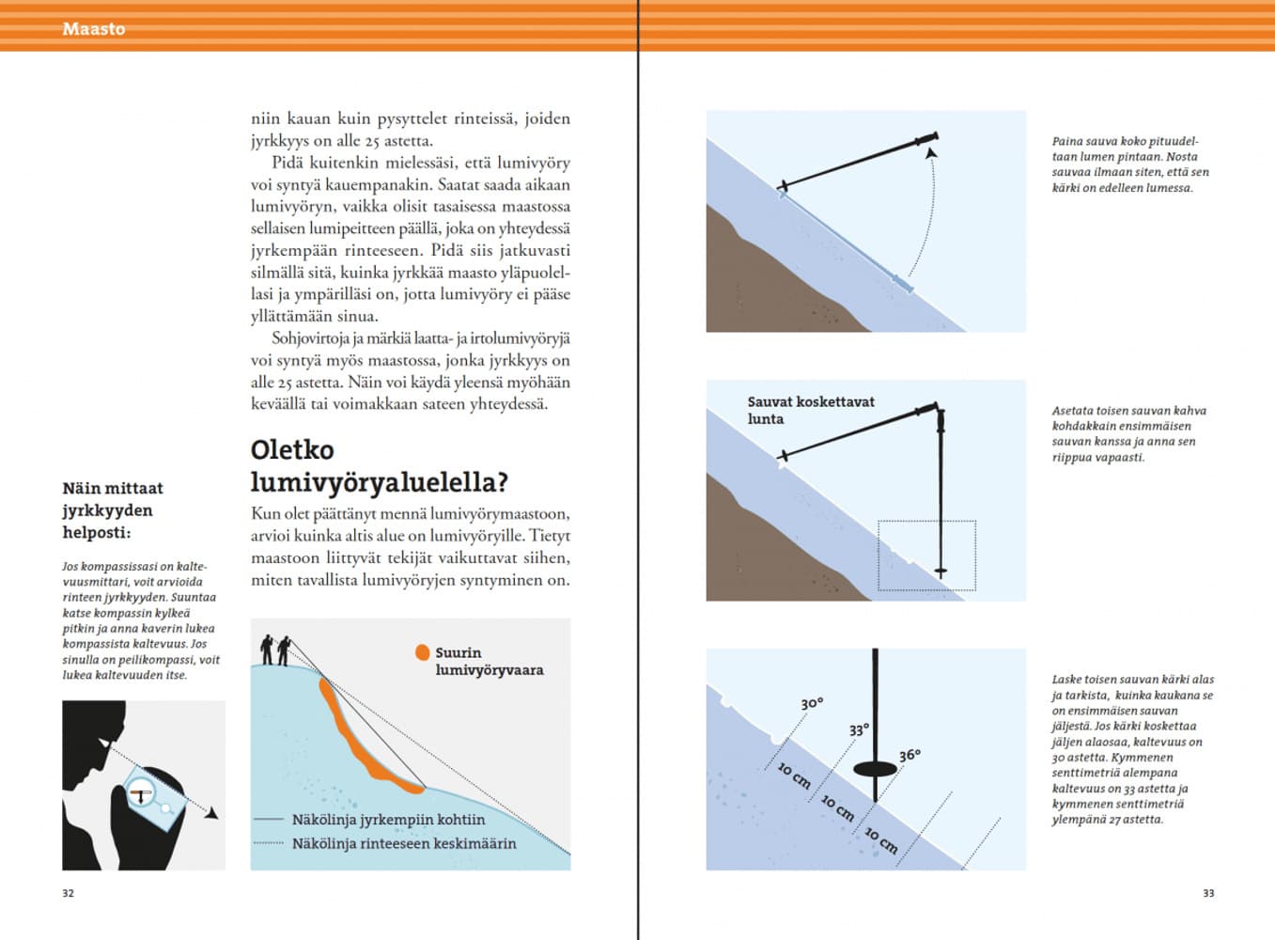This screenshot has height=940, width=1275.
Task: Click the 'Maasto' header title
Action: (x=93, y=29)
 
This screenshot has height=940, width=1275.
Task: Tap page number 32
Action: (x=68, y=893)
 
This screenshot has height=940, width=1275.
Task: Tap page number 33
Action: (x=1208, y=893)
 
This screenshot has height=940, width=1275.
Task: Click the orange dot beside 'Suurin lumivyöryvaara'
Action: (x=423, y=652)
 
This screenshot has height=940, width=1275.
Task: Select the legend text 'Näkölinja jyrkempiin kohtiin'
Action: (x=388, y=820)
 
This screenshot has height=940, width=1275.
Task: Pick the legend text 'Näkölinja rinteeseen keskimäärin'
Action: (x=404, y=843)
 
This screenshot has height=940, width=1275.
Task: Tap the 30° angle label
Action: (x=812, y=704)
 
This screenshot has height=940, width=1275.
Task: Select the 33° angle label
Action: (x=859, y=730)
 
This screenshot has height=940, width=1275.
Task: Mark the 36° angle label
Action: (x=910, y=756)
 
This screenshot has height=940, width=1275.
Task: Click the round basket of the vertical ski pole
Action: (x=875, y=769)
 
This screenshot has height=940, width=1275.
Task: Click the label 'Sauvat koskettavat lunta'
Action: (x=810, y=410)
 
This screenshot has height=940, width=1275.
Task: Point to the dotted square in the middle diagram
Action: (x=926, y=555)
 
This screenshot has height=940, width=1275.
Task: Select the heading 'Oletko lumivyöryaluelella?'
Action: (x=379, y=465)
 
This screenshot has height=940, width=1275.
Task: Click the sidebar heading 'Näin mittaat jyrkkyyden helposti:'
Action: (x=112, y=510)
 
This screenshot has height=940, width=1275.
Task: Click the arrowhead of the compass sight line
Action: (x=212, y=813)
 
